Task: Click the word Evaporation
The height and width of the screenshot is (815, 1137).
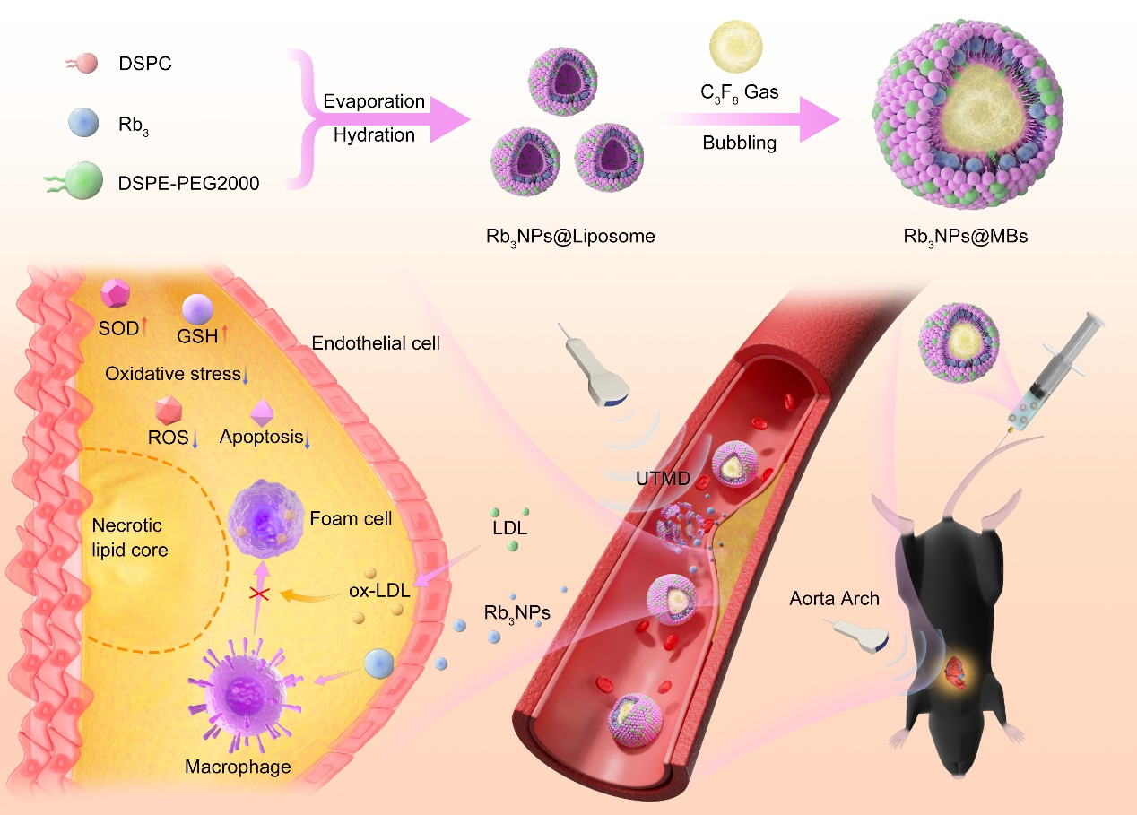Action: [374, 101]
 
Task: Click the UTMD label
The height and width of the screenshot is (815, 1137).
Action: [664, 479]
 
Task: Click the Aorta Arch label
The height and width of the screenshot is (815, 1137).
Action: [834, 598]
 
